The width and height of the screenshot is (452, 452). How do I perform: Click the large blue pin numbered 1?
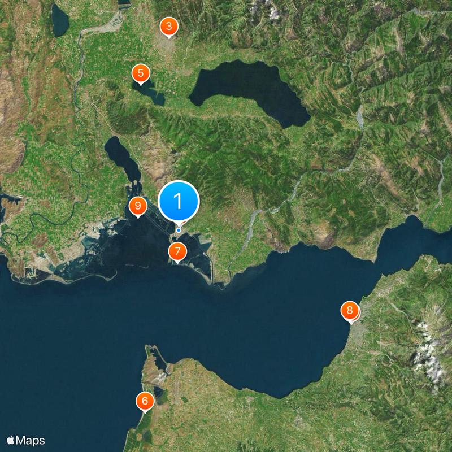(179, 201)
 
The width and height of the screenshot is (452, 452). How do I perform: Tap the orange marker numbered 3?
(168, 27)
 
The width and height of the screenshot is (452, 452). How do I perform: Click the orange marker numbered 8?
(350, 310)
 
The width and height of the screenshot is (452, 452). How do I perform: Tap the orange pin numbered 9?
(137, 206)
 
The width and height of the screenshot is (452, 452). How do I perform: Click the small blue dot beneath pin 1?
(179, 230)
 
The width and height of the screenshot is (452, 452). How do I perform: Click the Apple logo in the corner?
(11, 440)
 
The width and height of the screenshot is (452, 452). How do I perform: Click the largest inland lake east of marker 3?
(249, 90)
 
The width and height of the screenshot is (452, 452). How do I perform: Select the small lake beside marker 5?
(151, 92)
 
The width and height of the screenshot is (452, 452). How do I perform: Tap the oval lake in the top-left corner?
(59, 21)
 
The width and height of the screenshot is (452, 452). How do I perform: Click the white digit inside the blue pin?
(179, 201)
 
